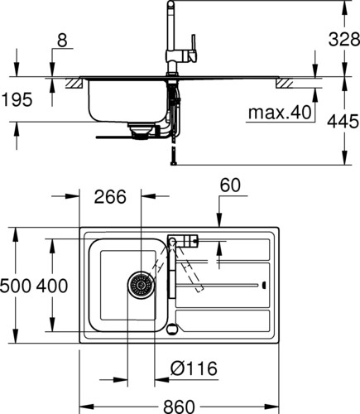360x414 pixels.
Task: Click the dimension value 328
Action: click(x=344, y=40)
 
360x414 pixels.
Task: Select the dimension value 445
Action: click(x=343, y=122)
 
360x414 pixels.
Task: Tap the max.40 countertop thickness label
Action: click(x=280, y=113)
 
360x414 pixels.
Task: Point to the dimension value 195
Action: click(x=17, y=99)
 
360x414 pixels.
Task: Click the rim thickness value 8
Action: click(x=62, y=41)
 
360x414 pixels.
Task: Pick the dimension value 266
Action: click(x=110, y=197)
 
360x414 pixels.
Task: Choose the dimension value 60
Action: click(x=230, y=185)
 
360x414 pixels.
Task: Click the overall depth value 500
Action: click(x=15, y=286)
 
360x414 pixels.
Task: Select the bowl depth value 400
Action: click(x=52, y=286)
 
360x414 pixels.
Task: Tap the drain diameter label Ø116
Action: click(x=194, y=368)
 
